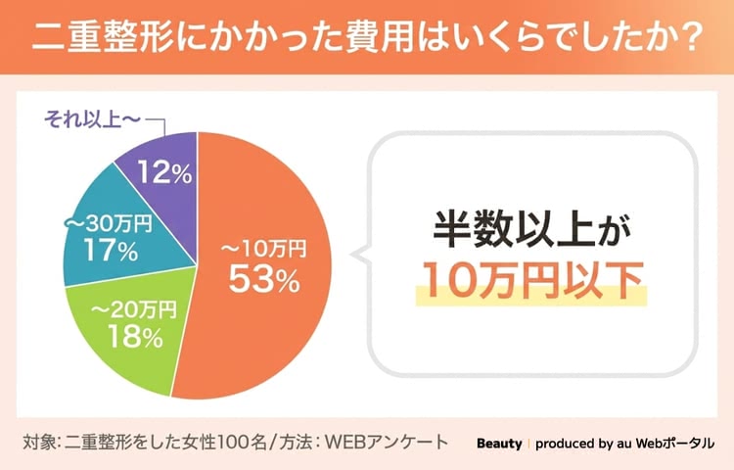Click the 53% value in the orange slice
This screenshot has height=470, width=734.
262,280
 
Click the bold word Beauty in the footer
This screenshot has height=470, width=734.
499,444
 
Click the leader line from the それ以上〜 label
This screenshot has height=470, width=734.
161,126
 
